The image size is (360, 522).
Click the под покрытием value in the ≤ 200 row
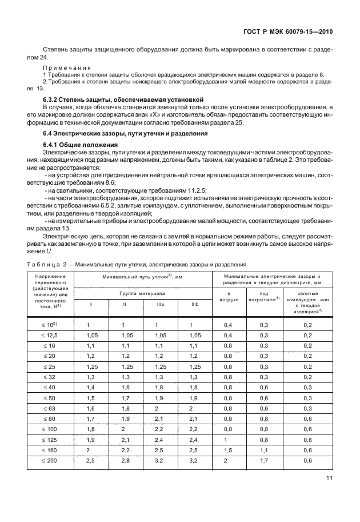point(264,460)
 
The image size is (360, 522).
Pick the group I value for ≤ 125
point(89,440)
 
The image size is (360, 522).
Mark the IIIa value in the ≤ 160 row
point(160,450)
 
